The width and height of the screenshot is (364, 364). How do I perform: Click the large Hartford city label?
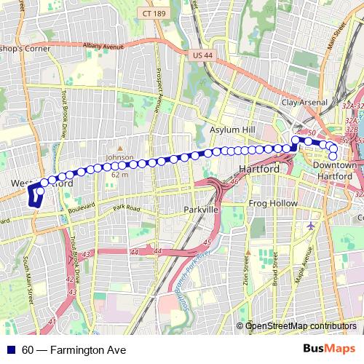(x=260, y=169)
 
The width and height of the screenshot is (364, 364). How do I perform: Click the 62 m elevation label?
(x=119, y=175)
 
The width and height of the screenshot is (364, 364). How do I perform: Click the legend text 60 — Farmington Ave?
(x=74, y=350)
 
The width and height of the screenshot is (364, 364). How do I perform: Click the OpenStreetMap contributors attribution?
(x=301, y=326)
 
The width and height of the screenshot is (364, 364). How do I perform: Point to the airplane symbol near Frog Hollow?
(x=312, y=225)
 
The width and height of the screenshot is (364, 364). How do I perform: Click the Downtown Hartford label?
(x=334, y=170)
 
